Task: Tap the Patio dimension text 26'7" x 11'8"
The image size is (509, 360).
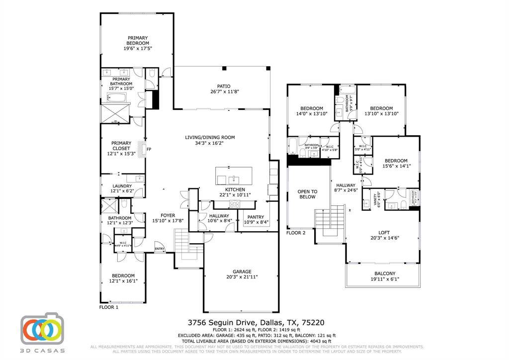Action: [223, 91]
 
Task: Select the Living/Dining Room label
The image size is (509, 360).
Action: [210, 137]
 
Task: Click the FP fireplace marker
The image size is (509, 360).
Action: [149, 149]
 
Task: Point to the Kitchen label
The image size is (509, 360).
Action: [235, 189]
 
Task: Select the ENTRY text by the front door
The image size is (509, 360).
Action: [160, 249]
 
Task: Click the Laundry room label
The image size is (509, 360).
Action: [122, 186]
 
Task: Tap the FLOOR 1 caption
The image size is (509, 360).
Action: [109, 307]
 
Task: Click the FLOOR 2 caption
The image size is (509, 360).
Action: [296, 233]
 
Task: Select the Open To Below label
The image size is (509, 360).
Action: [307, 194]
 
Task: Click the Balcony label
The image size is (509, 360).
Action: [385, 273]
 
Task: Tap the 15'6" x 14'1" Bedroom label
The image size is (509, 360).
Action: [396, 161]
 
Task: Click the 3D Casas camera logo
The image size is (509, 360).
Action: [42, 330]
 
